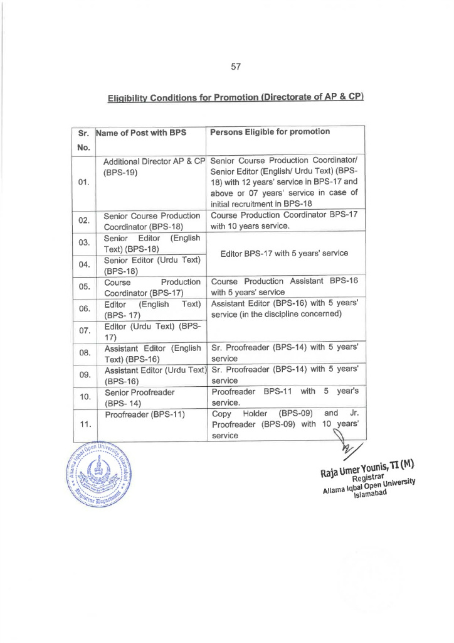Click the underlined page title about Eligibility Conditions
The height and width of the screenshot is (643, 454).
tap(236, 97)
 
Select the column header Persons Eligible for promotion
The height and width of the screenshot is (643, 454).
tap(270, 132)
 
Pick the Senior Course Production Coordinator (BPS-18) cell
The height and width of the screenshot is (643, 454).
tap(152, 221)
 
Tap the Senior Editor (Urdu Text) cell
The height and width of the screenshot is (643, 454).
tap(152, 265)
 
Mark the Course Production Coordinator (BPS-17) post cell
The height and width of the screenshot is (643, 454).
tap(152, 287)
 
